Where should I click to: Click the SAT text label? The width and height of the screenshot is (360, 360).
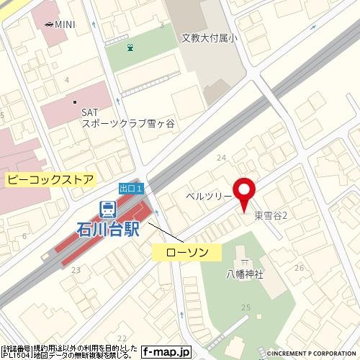(89, 112)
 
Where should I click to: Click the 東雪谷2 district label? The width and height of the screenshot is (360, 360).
(271, 216)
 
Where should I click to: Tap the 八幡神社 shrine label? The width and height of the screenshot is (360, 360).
(245, 274)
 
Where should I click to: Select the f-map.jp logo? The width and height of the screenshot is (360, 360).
(166, 353)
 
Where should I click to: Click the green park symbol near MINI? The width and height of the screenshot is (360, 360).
(130, 48)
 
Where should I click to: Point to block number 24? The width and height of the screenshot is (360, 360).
(221, 158)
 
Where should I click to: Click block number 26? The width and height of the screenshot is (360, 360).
(299, 268)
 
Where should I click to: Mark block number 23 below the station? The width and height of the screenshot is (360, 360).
(76, 270)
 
